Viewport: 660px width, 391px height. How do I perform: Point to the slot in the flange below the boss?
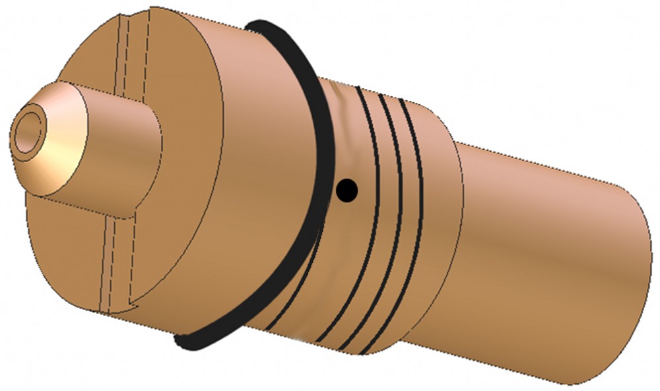113,264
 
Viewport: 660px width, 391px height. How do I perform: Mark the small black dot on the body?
346,191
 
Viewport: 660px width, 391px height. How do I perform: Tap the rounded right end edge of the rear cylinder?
643,264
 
